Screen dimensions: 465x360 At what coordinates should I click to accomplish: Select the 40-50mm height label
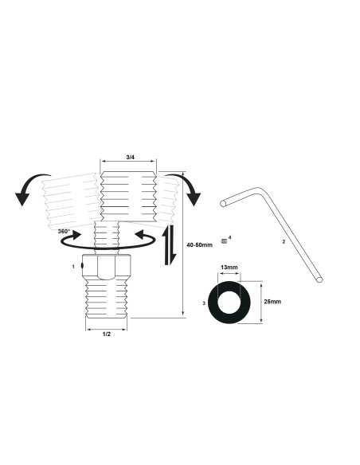[x=200, y=244]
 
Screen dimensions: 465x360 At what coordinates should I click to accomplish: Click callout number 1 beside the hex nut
[x=73, y=265]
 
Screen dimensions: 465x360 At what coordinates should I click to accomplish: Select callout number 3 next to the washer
[x=205, y=303]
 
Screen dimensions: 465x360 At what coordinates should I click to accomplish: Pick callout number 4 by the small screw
[x=229, y=237]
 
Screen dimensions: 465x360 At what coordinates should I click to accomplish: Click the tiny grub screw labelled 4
[x=224, y=242]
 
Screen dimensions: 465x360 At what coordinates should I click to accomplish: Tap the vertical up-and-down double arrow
[x=169, y=244]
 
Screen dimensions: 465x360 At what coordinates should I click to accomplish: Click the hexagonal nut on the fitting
[x=107, y=271]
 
